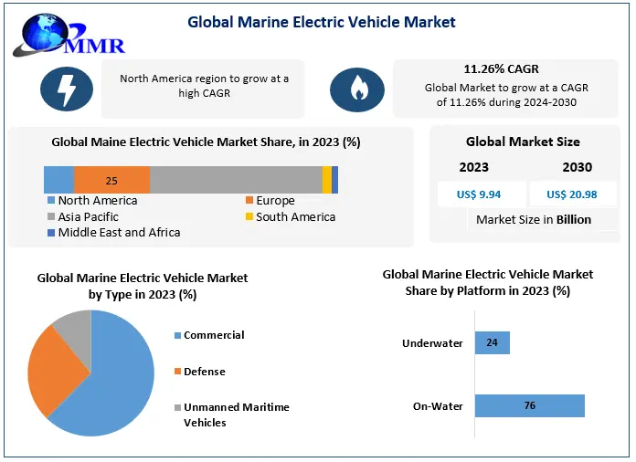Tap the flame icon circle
356,89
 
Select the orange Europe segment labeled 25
111,180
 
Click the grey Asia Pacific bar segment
236,180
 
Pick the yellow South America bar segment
327,180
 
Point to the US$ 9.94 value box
482,194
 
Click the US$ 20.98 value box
571,194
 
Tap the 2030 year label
577,167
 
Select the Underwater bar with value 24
493,343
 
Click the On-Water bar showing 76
529,406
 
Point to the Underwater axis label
432,344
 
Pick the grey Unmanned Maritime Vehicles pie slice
74,327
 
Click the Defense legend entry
204,372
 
